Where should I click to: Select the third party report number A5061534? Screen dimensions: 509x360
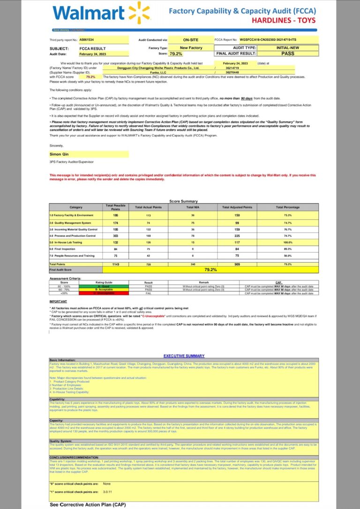coord(86,40)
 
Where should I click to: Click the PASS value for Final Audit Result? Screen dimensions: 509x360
coord(287,53)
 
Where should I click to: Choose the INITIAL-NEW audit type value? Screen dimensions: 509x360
coord(287,48)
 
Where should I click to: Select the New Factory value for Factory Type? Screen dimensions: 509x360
coord(191,48)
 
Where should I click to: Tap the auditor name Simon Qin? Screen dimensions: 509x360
coord(58,153)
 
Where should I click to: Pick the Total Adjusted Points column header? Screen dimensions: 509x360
coord(237,207)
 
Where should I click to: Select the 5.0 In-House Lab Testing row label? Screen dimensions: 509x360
coord(70,242)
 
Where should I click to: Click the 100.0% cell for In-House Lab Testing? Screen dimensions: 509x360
coord(287,242)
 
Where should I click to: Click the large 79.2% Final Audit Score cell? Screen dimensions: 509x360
coord(211,269)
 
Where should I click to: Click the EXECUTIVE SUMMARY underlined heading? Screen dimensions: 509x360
coord(184,356)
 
